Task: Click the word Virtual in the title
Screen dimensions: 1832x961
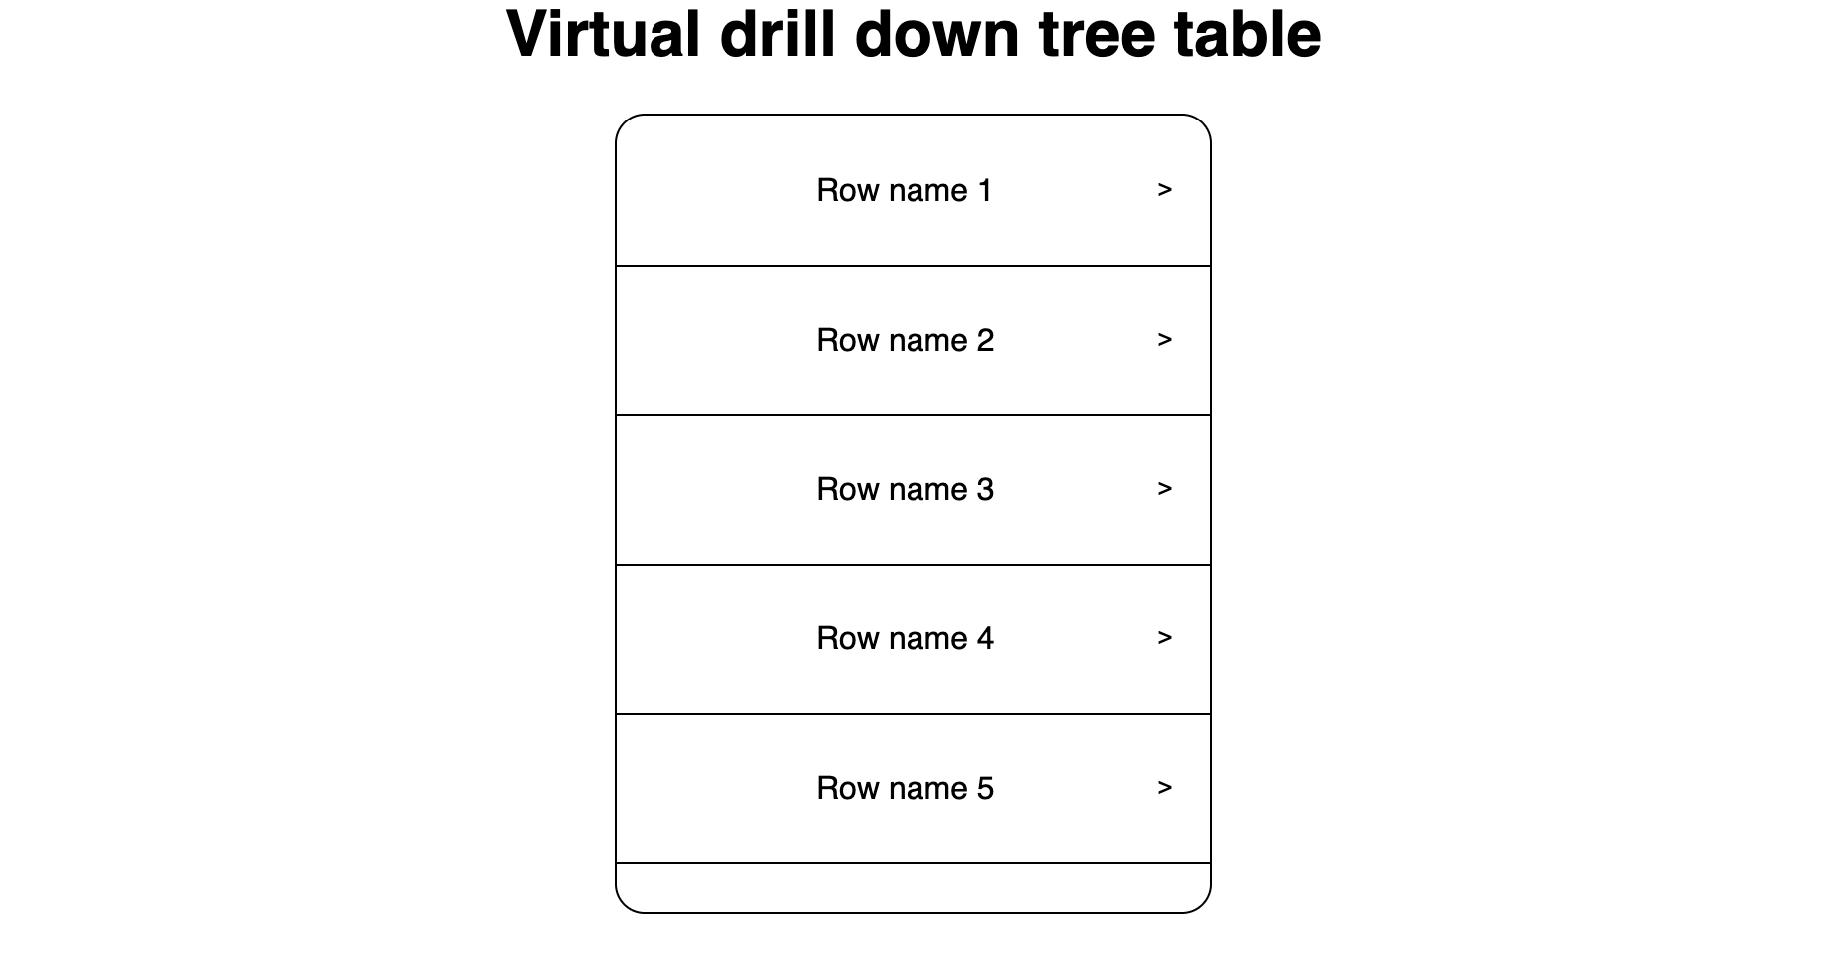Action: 604,34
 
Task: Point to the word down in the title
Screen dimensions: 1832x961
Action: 937,34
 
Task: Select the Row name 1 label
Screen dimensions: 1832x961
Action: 905,190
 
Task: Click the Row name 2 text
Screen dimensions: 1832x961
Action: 905,340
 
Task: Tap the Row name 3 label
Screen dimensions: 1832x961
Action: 905,489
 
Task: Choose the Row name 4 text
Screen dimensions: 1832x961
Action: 905,638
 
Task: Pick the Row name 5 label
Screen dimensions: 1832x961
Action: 905,788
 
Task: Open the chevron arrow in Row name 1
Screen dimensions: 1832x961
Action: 1164,190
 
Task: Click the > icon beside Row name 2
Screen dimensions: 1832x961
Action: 1164,340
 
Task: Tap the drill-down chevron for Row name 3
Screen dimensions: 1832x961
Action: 1164,489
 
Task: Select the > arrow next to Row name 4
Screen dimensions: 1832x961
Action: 1164,638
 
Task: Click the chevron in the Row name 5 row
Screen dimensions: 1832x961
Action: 1164,788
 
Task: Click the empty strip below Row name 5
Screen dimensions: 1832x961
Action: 914,887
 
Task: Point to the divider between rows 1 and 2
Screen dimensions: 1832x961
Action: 914,266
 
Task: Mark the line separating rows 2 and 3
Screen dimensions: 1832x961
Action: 914,415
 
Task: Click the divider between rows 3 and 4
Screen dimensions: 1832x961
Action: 914,565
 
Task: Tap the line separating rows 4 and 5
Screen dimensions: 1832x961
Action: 914,714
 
